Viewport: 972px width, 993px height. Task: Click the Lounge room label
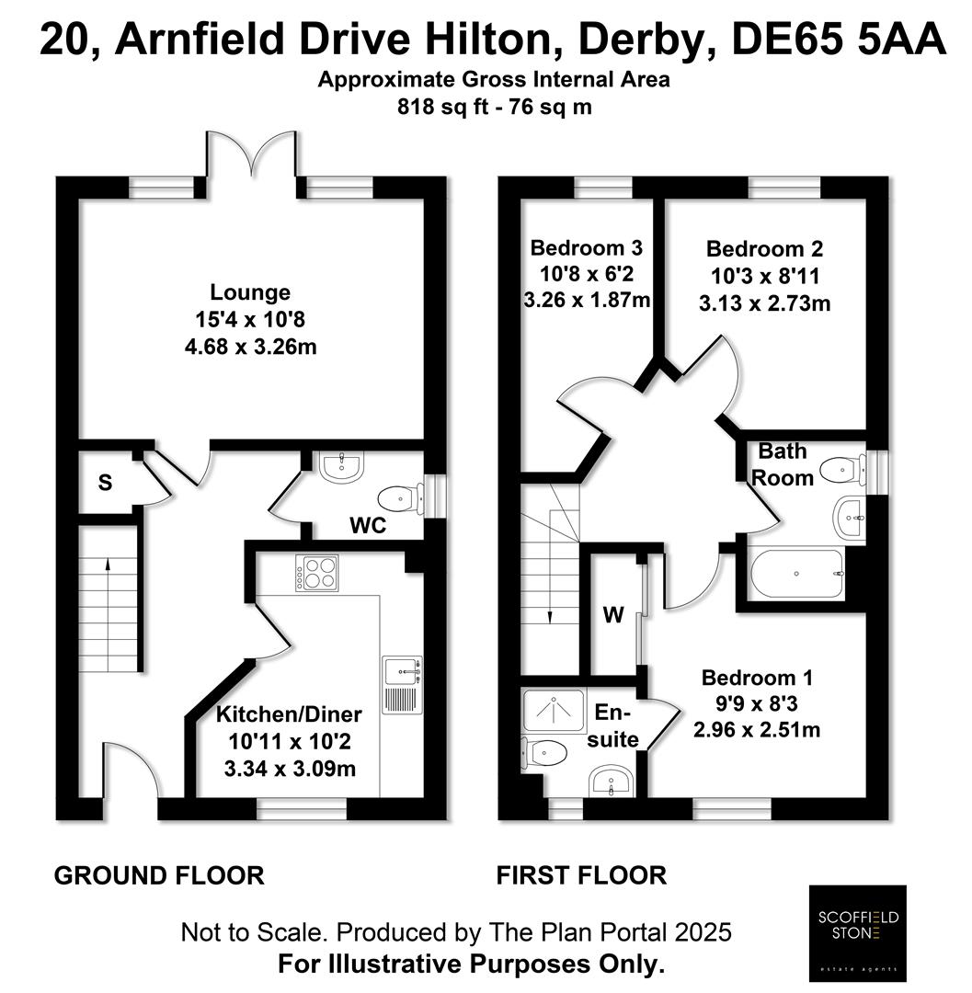click(250, 292)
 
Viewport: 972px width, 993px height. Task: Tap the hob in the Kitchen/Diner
click(317, 575)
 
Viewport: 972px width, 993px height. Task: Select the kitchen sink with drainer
click(402, 684)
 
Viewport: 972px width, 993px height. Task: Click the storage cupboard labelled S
click(105, 483)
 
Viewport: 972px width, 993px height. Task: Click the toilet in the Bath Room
click(841, 470)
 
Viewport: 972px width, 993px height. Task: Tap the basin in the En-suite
click(609, 782)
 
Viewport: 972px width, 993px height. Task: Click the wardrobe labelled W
click(608, 613)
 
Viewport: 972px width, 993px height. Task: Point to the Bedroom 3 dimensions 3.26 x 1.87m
click(586, 299)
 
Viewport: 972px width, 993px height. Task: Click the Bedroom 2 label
click(751, 248)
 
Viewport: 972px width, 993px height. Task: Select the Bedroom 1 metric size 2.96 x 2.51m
click(756, 731)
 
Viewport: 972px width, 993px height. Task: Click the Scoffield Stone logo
click(857, 932)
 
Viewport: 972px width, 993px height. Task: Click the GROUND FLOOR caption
click(159, 875)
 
